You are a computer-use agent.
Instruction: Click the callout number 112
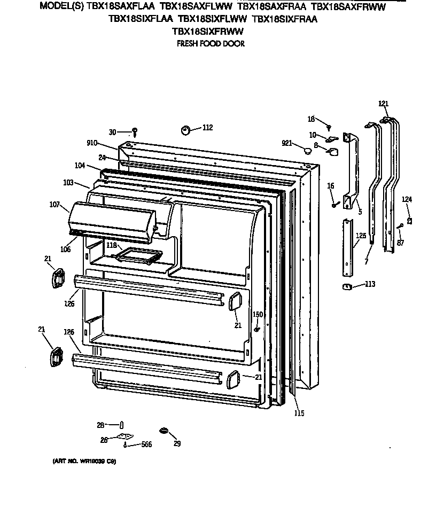[208, 127]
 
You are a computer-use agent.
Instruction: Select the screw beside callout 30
[135, 131]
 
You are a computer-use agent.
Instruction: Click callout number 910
[93, 143]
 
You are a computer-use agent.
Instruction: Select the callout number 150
[258, 314]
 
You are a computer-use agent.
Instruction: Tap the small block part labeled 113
[346, 286]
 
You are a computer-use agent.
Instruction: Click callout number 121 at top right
[383, 104]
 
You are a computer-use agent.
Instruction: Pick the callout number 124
[407, 199]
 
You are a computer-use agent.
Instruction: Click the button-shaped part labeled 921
[307, 151]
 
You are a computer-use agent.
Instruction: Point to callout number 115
[299, 412]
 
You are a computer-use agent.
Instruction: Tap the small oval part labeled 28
[122, 425]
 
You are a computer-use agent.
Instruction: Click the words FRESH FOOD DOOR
[211, 44]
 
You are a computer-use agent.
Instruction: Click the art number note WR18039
[85, 461]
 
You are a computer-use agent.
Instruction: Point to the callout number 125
[362, 235]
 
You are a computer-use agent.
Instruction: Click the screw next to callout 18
[330, 126]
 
